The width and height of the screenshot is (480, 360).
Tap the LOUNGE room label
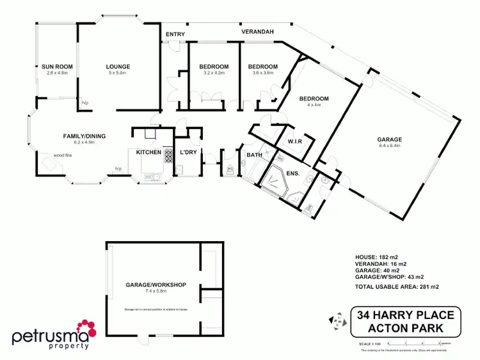point(118,67)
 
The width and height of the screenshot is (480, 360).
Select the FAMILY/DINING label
point(84,136)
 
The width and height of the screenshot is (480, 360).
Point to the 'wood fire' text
point(45,155)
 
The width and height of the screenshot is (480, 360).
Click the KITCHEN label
point(148,152)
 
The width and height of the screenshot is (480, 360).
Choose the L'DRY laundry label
point(188,152)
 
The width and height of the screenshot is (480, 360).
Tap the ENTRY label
point(174,34)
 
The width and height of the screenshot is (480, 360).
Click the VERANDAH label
point(257,31)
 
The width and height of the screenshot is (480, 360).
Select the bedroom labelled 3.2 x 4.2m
point(213,73)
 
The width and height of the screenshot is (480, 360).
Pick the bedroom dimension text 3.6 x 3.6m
point(263,73)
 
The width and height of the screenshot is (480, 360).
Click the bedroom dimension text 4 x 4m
point(314,105)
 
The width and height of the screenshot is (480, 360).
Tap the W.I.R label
point(295,141)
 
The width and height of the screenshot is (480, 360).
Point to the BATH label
point(253,155)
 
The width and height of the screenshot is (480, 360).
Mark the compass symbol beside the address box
point(333,322)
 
